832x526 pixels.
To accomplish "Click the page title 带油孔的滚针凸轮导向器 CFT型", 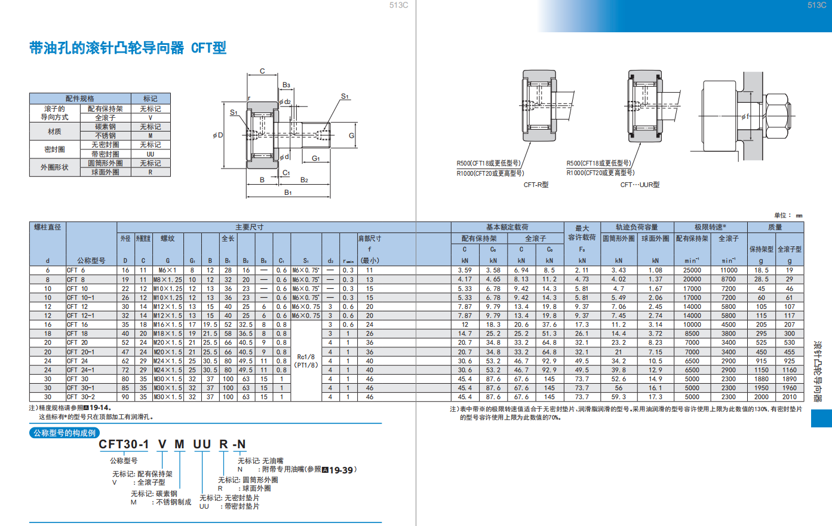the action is click(x=128, y=48).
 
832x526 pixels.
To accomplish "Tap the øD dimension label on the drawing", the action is click(x=218, y=135).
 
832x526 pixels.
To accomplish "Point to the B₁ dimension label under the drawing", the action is click(x=288, y=192).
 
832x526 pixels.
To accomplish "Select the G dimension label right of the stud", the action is click(x=351, y=136).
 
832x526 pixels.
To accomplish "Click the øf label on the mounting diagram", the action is click(x=745, y=117).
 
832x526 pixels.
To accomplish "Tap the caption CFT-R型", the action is click(x=536, y=185).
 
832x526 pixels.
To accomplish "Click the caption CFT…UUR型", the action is click(x=640, y=185).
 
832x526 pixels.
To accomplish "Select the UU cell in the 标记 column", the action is click(x=151, y=154).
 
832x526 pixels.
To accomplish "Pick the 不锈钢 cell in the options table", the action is click(x=106, y=136).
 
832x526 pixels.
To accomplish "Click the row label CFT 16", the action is click(x=78, y=325).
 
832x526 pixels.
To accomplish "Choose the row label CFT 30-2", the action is click(x=81, y=397).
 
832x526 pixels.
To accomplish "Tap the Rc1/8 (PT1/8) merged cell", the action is click(x=306, y=361).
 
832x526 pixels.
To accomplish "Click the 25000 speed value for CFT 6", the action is click(x=692, y=270).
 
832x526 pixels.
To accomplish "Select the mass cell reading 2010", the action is click(x=789, y=397).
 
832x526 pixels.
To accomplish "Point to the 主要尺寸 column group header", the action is click(x=250, y=227).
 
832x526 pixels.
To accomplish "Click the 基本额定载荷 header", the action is click(x=507, y=227).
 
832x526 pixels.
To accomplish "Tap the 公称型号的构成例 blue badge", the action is click(x=65, y=433).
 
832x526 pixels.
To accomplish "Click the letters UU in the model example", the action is click(x=202, y=444).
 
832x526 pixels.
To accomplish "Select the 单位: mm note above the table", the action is click(x=788, y=215).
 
